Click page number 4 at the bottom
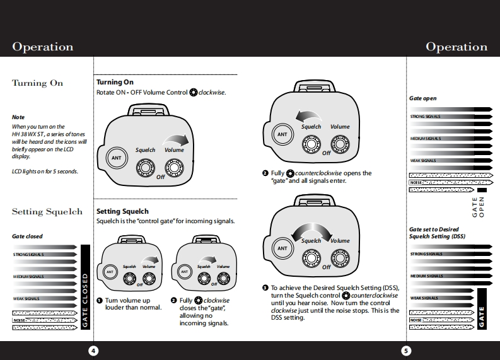point(93,351)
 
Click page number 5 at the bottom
point(406,351)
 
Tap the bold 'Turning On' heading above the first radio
point(115,82)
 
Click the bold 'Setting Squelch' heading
point(122,211)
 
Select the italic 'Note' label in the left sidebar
point(18,117)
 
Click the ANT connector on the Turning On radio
point(116,158)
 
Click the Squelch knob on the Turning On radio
point(146,167)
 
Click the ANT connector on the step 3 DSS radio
point(282,248)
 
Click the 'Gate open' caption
point(422,98)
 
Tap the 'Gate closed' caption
point(27,236)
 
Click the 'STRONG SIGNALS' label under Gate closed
point(31,255)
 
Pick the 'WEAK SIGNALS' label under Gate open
point(423,161)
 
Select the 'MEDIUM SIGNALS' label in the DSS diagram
point(426,276)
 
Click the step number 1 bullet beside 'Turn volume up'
point(100,301)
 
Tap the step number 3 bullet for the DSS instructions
point(265,287)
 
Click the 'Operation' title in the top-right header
point(456,47)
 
